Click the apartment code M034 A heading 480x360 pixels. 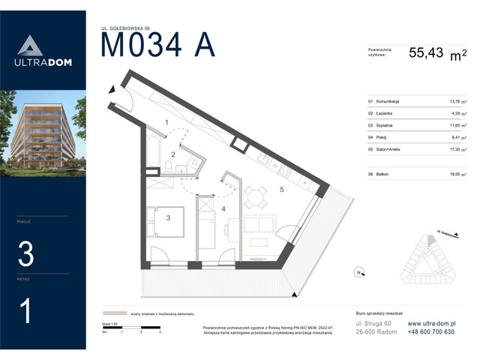[157, 45]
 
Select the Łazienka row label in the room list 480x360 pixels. [387, 113]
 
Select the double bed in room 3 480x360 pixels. [166, 221]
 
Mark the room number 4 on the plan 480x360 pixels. [223, 208]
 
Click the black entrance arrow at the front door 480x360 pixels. [113, 89]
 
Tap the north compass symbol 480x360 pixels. [359, 272]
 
